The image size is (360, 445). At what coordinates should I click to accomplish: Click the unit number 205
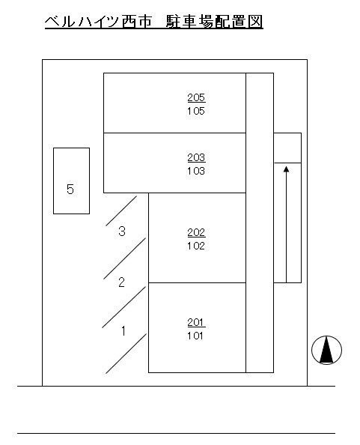tap(196, 97)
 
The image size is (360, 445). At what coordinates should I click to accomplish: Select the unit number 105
tap(196, 111)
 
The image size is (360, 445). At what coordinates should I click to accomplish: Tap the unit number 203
tap(196, 157)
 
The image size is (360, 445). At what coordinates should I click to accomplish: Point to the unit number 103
tap(196, 171)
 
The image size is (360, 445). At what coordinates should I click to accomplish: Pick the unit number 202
tap(196, 233)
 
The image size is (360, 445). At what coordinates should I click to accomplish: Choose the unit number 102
tap(196, 246)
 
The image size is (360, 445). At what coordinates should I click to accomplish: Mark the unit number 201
tap(196, 322)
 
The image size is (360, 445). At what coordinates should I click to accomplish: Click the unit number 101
tap(195, 336)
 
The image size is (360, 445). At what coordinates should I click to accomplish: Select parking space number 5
tap(70, 190)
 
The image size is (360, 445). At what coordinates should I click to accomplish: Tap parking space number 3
tap(122, 231)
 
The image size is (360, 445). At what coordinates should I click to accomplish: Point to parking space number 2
tap(121, 282)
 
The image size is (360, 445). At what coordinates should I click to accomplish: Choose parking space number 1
tap(123, 331)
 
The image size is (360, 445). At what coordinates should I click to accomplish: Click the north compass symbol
tap(326, 350)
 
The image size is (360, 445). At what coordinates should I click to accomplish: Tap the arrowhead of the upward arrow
tap(287, 169)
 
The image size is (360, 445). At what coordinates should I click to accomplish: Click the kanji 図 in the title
tap(256, 22)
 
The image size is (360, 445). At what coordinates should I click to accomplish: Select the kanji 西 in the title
tap(129, 22)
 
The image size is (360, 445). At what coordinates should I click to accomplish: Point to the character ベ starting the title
tap(52, 22)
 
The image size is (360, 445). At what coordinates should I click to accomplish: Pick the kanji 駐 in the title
tap(173, 22)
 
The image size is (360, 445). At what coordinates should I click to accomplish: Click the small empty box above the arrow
tap(287, 148)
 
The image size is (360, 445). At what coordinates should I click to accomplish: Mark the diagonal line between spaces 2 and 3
tap(124, 258)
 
